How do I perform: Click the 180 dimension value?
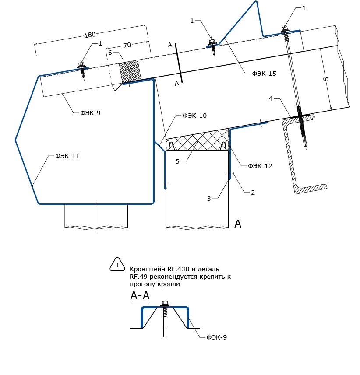coord(90,35)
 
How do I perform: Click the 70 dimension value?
coord(127,45)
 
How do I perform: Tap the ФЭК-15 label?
coord(264,74)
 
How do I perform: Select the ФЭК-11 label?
coord(67,156)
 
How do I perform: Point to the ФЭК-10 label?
coord(194,116)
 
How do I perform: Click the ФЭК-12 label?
coord(260,166)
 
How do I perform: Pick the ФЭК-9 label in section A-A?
coord(216,337)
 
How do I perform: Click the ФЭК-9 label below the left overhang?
coord(90,113)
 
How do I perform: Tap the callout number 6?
coord(110,53)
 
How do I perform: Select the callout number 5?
coord(177,161)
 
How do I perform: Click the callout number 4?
coord(271,98)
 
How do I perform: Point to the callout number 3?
coord(209,199)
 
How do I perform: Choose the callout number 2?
coord(253,193)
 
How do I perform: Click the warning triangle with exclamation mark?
coord(117,264)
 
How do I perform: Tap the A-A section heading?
coord(140,296)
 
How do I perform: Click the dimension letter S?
coord(325,79)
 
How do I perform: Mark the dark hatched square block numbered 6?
coord(130,71)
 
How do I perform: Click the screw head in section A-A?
coord(164,304)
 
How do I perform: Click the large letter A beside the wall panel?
coord(238,224)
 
